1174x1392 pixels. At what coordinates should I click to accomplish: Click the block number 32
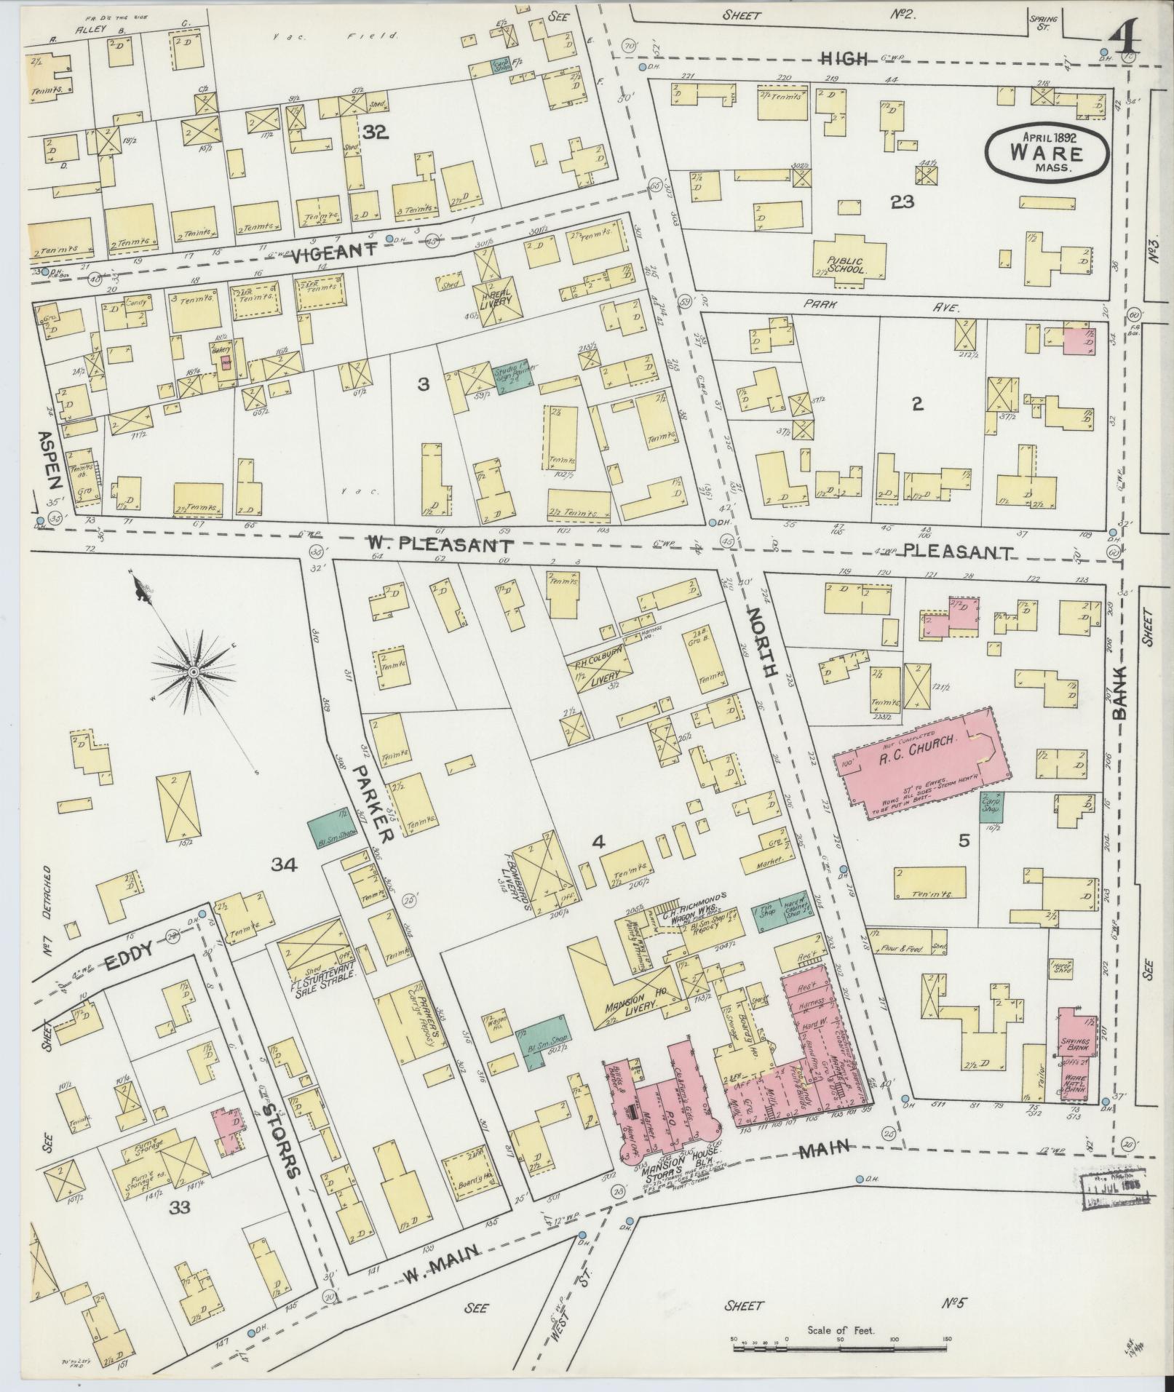[x=376, y=132]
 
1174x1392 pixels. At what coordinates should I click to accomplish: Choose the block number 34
[x=285, y=864]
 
